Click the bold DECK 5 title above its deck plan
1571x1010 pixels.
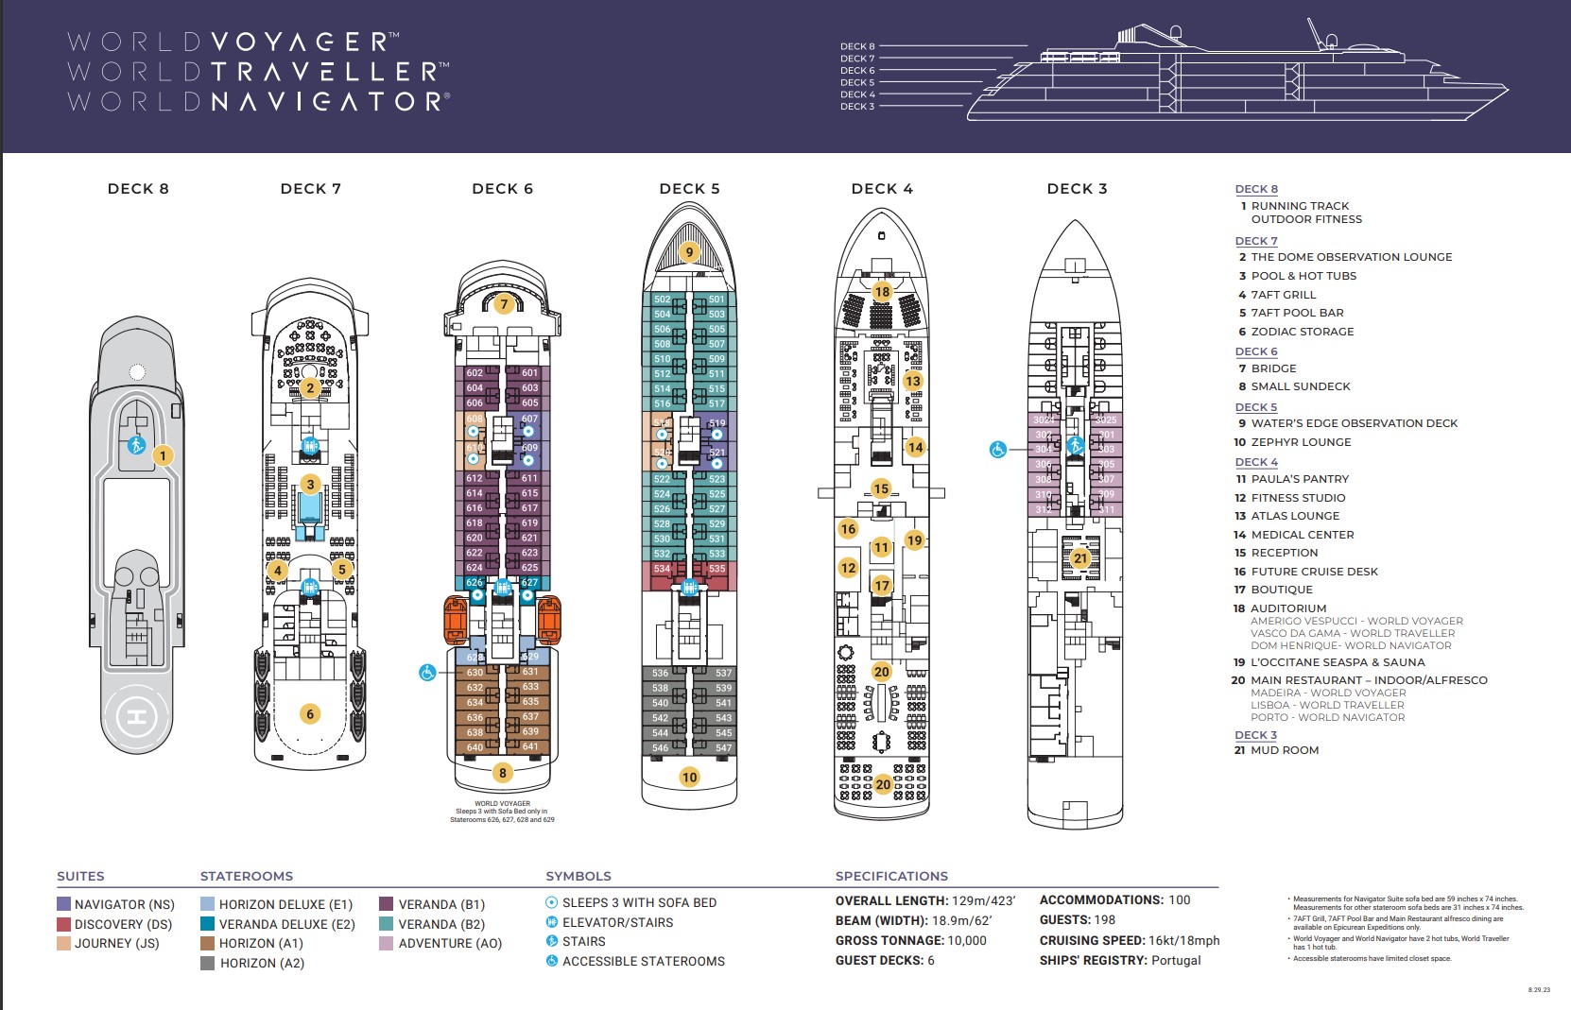[689, 189]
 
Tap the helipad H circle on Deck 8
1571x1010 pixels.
[137, 718]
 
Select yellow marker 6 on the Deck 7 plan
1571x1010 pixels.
[310, 714]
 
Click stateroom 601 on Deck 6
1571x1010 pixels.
[529, 373]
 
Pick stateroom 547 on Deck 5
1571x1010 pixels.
[723, 747]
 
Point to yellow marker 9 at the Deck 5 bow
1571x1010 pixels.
[689, 251]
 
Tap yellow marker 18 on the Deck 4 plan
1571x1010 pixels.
[882, 291]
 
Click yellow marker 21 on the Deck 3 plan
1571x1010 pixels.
[1080, 558]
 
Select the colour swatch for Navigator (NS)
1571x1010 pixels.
[63, 904]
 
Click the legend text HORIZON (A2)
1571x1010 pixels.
[262, 963]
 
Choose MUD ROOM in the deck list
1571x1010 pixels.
[1285, 750]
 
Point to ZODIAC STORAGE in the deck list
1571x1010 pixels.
[1302, 332]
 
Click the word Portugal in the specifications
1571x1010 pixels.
[1176, 960]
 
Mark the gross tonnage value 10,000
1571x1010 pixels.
[967, 940]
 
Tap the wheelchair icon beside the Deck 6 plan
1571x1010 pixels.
[427, 673]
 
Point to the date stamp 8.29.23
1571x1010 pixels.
[1539, 990]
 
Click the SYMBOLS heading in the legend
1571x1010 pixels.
[578, 876]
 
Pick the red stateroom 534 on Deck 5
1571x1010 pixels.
[662, 569]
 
